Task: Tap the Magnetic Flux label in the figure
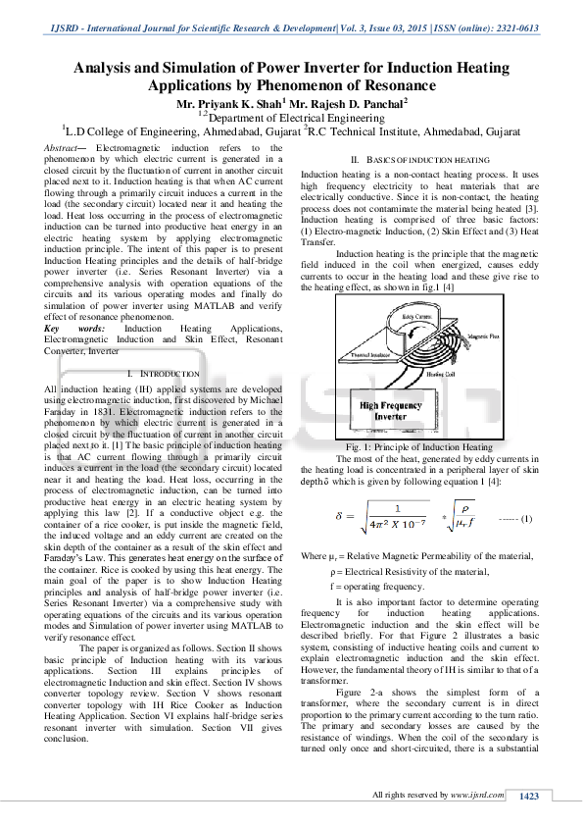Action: pyautogui.click(x=480, y=362)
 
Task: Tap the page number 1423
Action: pyautogui.click(x=530, y=796)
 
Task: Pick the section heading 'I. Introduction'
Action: pyautogui.click(x=163, y=375)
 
